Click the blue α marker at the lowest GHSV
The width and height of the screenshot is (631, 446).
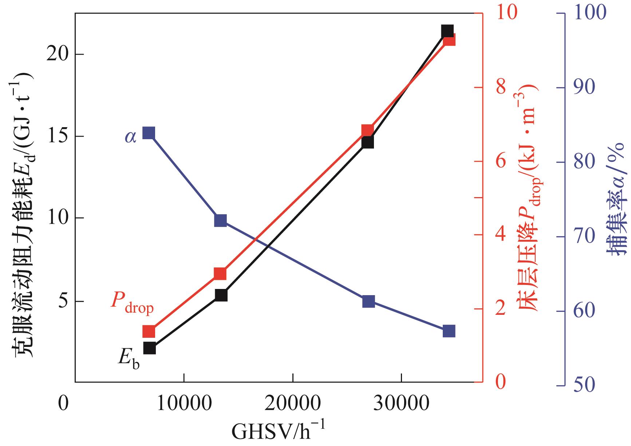click(149, 133)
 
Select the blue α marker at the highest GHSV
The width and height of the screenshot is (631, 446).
click(449, 331)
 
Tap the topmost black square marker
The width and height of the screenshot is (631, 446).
click(447, 31)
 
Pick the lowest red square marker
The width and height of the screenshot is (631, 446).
click(149, 332)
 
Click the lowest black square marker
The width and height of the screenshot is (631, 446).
click(149, 348)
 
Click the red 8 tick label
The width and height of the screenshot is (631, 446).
click(501, 87)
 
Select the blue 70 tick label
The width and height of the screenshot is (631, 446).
click(584, 237)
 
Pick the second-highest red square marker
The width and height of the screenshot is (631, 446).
click(367, 130)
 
